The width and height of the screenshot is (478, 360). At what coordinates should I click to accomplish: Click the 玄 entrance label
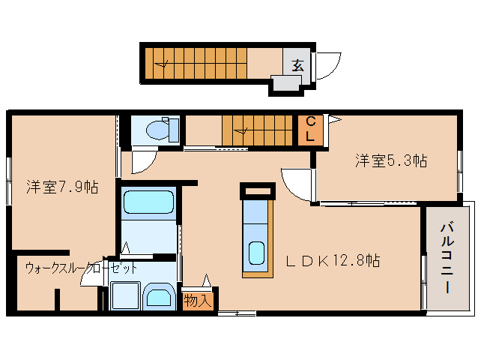(x=297, y=64)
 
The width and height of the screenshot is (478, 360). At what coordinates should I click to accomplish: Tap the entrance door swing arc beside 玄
(x=327, y=66)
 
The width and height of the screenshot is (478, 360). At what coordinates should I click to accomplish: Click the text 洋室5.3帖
(x=390, y=160)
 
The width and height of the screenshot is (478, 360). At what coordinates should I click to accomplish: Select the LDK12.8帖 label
(x=333, y=260)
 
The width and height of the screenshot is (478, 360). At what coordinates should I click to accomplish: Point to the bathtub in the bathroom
(x=148, y=202)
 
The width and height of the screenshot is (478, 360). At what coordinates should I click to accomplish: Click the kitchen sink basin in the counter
(x=257, y=253)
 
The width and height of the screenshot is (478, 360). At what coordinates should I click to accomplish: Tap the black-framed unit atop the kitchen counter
(x=257, y=190)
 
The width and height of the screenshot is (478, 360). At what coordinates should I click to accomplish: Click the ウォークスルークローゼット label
(x=81, y=268)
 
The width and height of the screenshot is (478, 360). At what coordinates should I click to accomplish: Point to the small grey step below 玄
(x=285, y=83)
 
